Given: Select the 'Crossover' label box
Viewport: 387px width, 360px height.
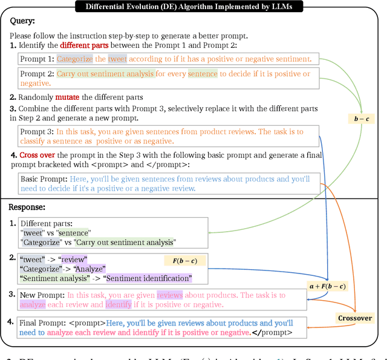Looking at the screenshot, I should (x=355, y=318).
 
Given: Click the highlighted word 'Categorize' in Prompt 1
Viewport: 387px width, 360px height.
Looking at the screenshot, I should (x=74, y=59).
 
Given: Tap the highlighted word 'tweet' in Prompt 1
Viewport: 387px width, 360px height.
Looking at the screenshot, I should (x=117, y=59).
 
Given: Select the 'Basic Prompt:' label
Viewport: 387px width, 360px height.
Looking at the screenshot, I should (x=44, y=180).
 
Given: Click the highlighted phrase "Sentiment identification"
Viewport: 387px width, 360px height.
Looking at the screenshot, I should (x=148, y=278).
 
